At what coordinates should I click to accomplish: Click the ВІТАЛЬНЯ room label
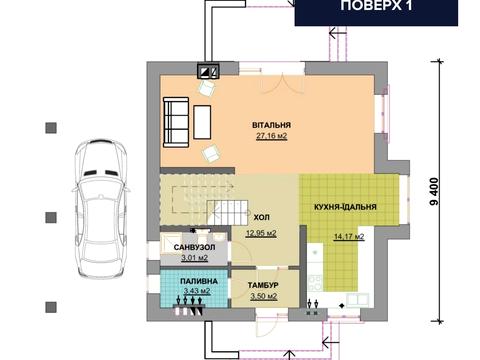(x=271, y=125)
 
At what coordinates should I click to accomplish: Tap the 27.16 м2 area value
(x=271, y=136)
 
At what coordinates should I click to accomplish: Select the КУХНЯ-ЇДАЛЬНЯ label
(x=345, y=207)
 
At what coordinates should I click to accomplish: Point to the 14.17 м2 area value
(x=349, y=237)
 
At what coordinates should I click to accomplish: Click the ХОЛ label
(x=262, y=218)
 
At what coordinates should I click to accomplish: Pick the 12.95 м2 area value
(x=261, y=233)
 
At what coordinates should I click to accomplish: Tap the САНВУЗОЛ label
(x=194, y=248)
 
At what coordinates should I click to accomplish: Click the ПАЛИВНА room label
(x=199, y=281)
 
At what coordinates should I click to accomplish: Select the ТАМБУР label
(x=263, y=286)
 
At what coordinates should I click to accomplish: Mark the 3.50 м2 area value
(x=264, y=296)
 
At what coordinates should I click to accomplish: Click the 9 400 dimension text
(x=434, y=192)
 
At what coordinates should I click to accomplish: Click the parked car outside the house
(x=101, y=209)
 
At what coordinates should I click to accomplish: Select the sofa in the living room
(x=176, y=122)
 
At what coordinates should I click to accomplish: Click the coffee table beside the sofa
(x=202, y=122)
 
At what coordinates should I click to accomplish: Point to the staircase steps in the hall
(x=228, y=213)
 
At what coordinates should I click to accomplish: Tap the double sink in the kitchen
(x=358, y=300)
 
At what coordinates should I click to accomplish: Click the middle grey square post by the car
(x=51, y=217)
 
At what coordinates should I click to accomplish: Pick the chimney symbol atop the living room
(x=209, y=71)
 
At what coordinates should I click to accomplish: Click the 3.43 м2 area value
(x=197, y=291)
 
